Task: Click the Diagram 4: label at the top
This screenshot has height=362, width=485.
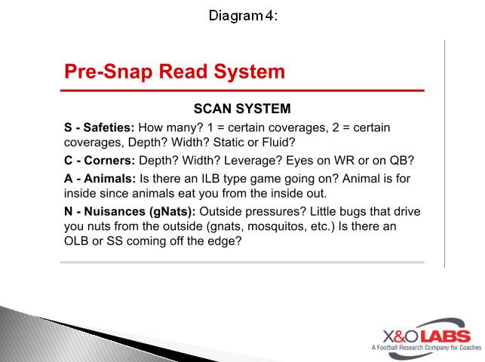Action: click(x=243, y=15)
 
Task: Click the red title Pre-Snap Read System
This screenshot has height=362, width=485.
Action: click(x=174, y=72)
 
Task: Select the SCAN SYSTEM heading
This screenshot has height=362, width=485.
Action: click(x=242, y=109)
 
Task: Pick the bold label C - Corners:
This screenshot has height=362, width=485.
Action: click(x=97, y=161)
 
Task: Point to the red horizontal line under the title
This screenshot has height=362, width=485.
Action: click(x=242, y=90)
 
